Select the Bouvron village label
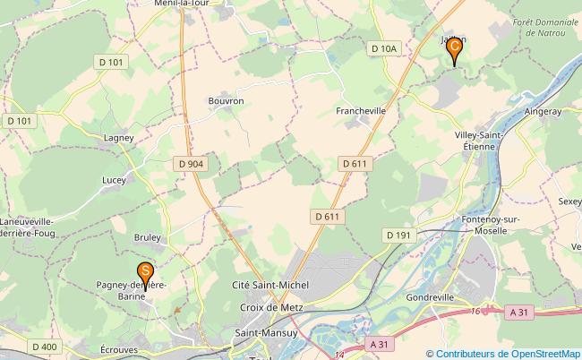[226, 101]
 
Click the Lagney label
[118, 138]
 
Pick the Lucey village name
[114, 179]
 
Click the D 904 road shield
[191, 163]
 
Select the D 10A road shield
[382, 47]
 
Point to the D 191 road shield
[398, 235]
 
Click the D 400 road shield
[44, 347]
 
